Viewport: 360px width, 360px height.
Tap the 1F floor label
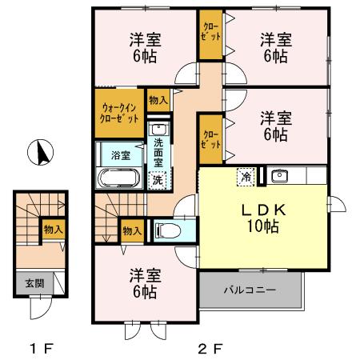42,348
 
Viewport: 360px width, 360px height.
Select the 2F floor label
209,348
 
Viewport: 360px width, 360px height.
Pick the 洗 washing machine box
157,180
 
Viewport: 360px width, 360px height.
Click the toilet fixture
169,231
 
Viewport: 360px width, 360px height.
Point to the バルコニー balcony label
250,288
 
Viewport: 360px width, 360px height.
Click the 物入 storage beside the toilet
132,230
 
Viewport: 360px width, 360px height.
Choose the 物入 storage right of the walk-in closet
158,100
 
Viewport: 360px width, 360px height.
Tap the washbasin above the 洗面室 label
158,129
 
